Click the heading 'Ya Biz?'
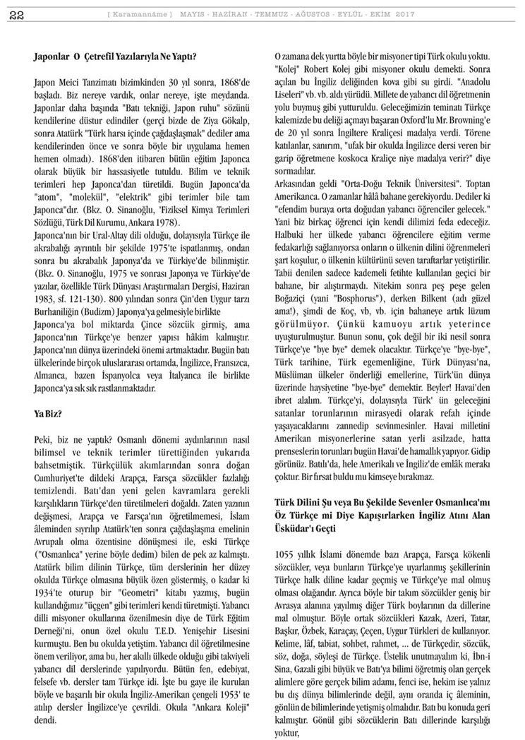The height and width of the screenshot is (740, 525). [x=49, y=413]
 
